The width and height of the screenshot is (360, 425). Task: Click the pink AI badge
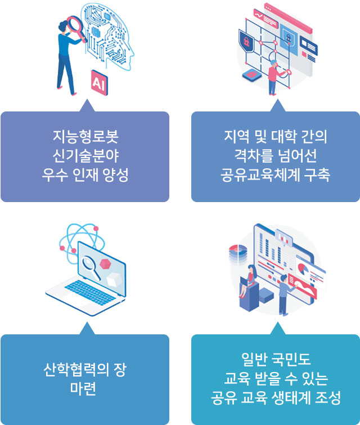pyautogui.click(x=100, y=83)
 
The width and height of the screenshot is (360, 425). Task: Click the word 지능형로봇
pyautogui.click(x=85, y=136)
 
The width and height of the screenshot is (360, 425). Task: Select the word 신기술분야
pyautogui.click(x=85, y=155)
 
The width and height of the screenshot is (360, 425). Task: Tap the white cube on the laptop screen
pyautogui.click(x=114, y=279)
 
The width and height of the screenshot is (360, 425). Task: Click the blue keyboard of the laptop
pyautogui.click(x=89, y=293)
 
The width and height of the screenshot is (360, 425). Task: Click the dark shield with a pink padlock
pyautogui.click(x=246, y=41)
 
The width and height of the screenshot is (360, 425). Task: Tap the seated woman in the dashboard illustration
pyautogui.click(x=247, y=281)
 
